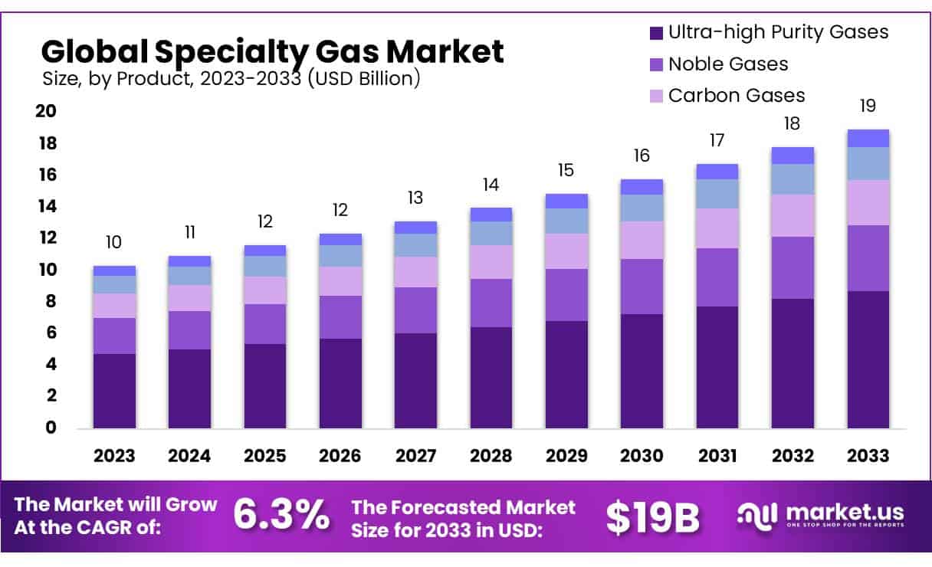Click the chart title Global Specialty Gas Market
coord(272,51)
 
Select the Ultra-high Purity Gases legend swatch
coord(656,33)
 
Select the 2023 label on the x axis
coord(114,456)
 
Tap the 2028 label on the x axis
coord(491,456)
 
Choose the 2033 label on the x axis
coord(868,456)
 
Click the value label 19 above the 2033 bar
coord(868,106)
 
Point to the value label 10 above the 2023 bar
coord(113,243)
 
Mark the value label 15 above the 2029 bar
coord(566,170)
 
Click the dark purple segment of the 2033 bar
coord(868,359)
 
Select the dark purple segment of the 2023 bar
coord(114,391)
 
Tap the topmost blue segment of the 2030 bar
coord(642,187)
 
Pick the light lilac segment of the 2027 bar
coord(415,272)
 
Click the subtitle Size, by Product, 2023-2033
coord(230,79)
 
